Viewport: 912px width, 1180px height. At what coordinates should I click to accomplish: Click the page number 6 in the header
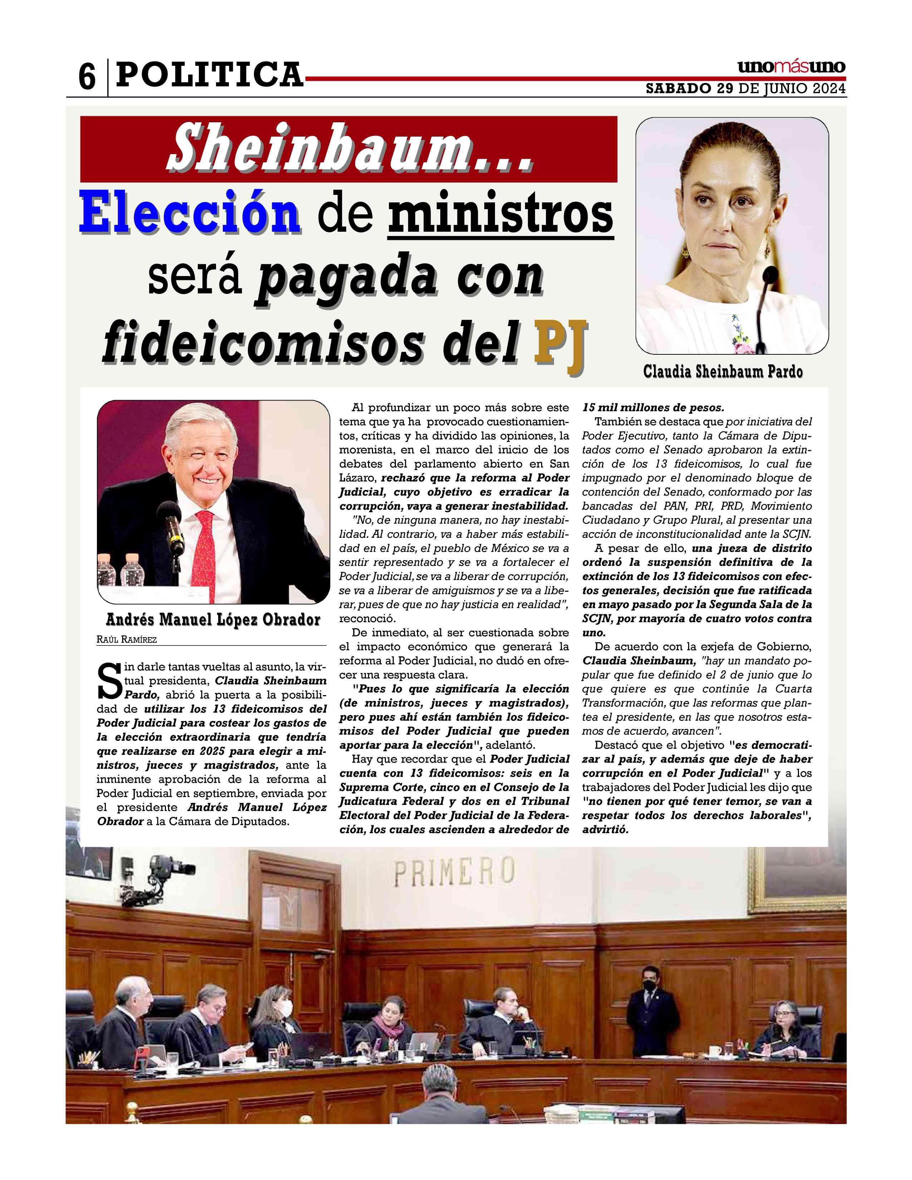click(87, 77)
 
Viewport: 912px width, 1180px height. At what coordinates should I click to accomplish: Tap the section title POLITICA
click(210, 75)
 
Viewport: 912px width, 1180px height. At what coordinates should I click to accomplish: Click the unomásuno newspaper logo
click(791, 67)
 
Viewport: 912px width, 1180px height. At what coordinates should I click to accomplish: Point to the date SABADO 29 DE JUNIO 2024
click(746, 89)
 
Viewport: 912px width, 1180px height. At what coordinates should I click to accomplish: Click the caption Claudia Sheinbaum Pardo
click(722, 372)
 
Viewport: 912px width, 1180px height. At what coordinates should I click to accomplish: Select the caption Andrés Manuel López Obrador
click(213, 619)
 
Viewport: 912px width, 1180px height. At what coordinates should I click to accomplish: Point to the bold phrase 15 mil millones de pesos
click(653, 407)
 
